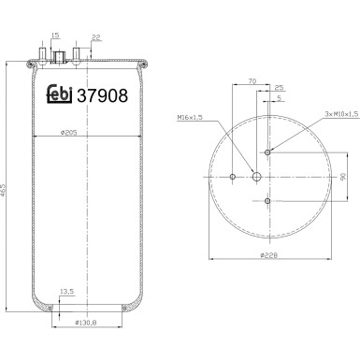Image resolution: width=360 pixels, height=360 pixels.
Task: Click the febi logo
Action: [x=59, y=94]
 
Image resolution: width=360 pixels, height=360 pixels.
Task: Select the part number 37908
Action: [x=102, y=95]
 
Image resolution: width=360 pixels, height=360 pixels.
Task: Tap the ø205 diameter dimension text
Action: [x=69, y=133]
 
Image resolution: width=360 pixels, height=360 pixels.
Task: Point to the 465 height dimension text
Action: [x=4, y=190]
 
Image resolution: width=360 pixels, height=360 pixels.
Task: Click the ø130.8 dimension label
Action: [x=86, y=323]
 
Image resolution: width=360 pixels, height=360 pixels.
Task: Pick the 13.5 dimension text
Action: [x=66, y=292]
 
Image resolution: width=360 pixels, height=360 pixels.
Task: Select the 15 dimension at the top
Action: [x=55, y=36]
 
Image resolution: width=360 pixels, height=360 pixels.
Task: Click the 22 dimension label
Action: [x=96, y=37]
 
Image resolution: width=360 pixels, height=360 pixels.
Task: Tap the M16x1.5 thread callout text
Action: [x=190, y=117]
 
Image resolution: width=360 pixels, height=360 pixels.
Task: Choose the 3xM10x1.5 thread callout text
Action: [x=341, y=114]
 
